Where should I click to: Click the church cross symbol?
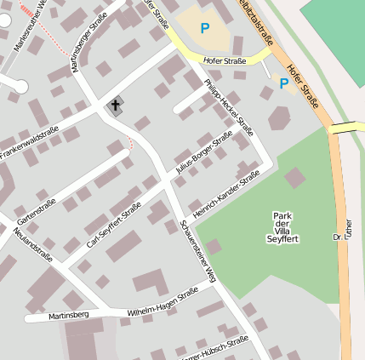click(115, 106)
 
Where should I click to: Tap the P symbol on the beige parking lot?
click(204, 28)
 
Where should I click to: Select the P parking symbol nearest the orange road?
click(283, 83)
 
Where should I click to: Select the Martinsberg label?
click(69, 315)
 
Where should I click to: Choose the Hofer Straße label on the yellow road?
click(224, 60)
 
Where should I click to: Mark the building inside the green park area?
click(294, 177)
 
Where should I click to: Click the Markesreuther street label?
click(30, 26)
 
